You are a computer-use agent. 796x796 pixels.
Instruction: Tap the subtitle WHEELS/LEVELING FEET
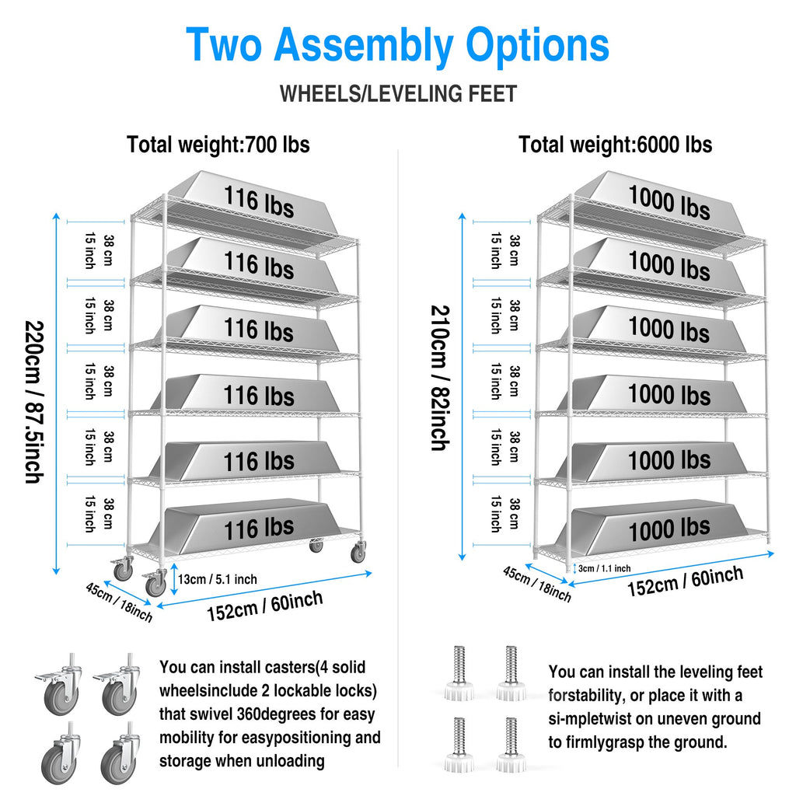click(398, 94)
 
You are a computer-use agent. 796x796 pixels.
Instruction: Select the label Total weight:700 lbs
click(218, 145)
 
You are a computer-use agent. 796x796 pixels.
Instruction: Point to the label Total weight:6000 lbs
click(616, 145)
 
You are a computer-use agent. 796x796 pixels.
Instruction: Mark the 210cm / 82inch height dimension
click(440, 379)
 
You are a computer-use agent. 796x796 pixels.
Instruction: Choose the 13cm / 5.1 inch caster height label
click(218, 579)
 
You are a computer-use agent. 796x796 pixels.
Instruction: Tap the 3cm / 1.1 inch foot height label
click(604, 568)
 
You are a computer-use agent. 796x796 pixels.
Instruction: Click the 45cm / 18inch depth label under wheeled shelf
click(119, 602)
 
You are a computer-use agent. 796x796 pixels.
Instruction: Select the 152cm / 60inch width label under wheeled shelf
click(264, 606)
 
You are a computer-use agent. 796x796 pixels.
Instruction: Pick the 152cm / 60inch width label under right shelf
click(686, 581)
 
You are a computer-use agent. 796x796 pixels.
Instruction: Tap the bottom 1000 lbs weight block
click(655, 528)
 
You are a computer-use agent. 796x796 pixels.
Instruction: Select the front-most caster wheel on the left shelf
click(155, 583)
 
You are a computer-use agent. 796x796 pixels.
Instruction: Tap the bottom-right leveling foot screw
click(511, 744)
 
